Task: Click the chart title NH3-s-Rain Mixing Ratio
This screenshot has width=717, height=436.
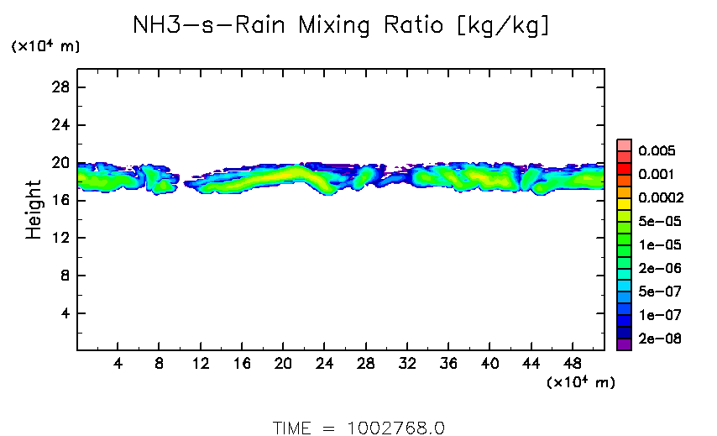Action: pos(343,26)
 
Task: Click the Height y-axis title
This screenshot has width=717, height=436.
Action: pos(34,209)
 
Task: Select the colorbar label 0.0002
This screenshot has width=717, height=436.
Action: pos(660,198)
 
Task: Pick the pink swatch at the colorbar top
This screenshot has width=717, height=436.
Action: pos(624,144)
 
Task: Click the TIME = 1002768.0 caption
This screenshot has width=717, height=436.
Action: pos(358,428)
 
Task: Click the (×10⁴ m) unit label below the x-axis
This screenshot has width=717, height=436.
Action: pos(580,383)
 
